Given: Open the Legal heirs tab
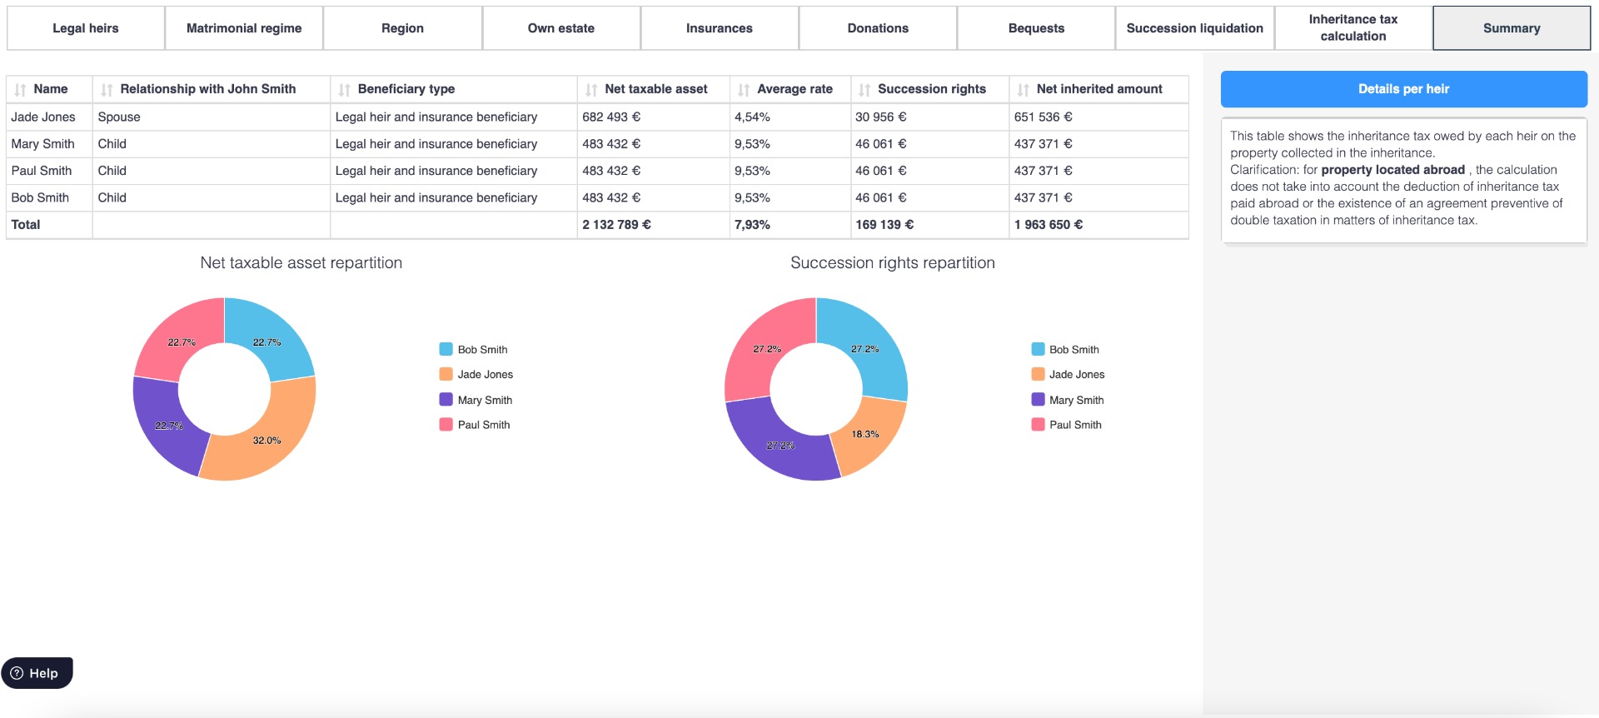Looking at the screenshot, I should tap(86, 28).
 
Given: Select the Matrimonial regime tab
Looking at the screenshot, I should tap(244, 28).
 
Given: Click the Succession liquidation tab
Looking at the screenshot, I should tap(1194, 28).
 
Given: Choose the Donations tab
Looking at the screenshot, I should tap(878, 28).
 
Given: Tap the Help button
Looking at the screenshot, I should tap(37, 673).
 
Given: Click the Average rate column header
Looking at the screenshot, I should tap(795, 89).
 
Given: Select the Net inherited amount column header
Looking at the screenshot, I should tap(1098, 89).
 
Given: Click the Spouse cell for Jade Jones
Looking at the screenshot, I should tap(119, 117).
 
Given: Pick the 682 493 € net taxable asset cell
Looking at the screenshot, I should tap(611, 117).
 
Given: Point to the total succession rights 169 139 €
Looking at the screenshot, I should tap(884, 225).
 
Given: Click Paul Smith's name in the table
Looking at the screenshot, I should tap(42, 171).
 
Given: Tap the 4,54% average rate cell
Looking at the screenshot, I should tap(752, 117).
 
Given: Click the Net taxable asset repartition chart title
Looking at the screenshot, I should tap(301, 263).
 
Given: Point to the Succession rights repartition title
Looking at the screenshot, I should tap(892, 263).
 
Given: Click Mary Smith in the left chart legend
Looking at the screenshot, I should tap(484, 401).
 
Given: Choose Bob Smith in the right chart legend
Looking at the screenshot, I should tap(1073, 350).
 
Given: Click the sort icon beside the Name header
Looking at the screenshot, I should tap(20, 90).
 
